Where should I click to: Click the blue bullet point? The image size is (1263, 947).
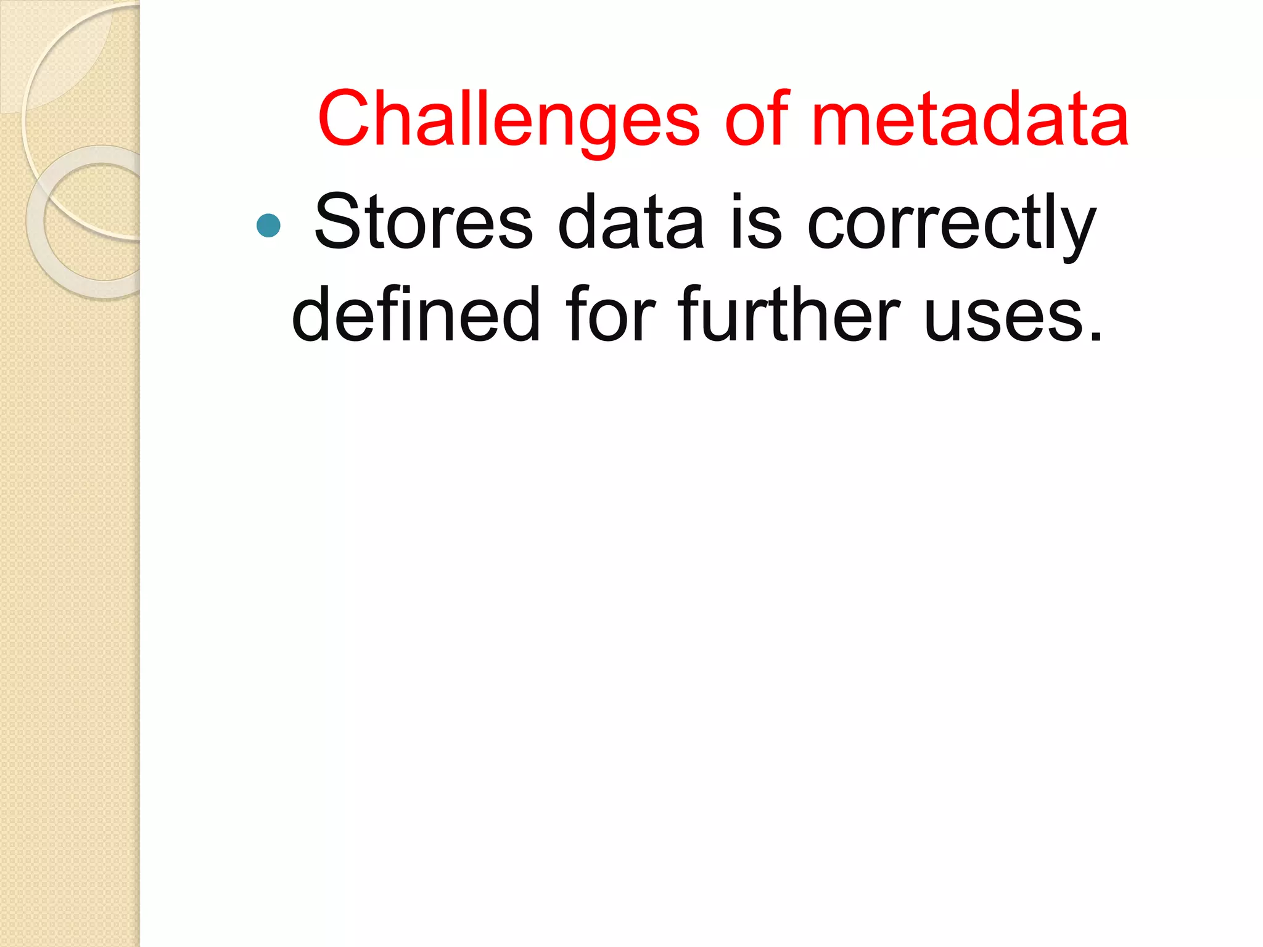(268, 226)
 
